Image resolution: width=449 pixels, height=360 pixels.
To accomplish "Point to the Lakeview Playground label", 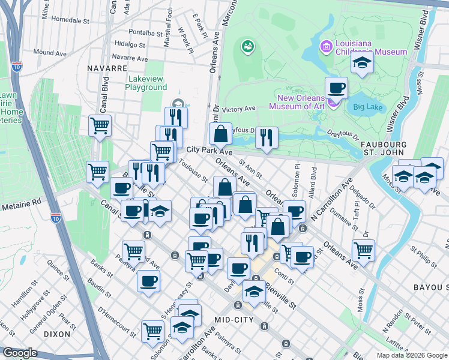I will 146,83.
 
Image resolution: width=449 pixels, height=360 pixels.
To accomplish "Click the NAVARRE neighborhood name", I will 106,68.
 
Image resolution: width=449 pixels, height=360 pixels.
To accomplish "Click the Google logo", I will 20,353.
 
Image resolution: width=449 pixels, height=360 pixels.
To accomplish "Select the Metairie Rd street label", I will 20,201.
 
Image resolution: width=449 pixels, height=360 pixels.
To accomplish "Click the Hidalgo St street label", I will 130,44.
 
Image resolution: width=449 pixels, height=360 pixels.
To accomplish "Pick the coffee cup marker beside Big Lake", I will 336,89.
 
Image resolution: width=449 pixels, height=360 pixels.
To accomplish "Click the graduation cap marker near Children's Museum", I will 362,62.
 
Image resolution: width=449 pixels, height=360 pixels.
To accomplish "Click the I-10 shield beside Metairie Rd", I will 56,218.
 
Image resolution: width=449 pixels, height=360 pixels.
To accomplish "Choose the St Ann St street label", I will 250,168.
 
